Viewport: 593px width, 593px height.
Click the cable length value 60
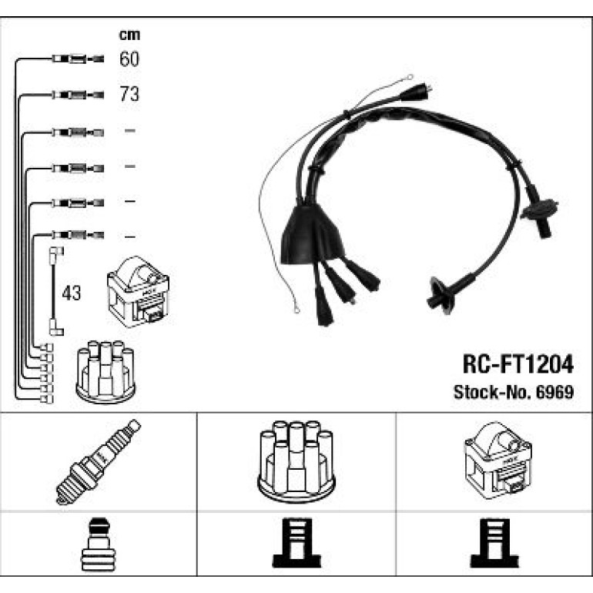(x=129, y=59)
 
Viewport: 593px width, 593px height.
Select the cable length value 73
(x=129, y=94)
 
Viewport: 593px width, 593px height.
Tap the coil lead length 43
(x=71, y=293)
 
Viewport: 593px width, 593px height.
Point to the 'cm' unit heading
(x=129, y=35)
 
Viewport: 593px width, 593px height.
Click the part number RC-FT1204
(x=518, y=364)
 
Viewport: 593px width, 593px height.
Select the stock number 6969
(x=555, y=392)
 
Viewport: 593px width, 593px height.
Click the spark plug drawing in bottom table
(x=99, y=461)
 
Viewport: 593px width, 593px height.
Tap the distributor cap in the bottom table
(x=296, y=462)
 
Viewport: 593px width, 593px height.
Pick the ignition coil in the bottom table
(x=498, y=461)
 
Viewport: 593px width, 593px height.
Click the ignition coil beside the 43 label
(x=138, y=292)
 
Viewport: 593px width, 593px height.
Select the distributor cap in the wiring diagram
(x=106, y=372)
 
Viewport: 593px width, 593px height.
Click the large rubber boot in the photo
(x=312, y=234)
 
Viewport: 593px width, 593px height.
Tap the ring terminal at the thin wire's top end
(x=409, y=78)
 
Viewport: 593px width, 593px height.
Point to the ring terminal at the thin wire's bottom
(x=296, y=310)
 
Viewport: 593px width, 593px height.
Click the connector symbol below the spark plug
(x=99, y=544)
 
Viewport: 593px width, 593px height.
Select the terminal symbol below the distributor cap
(x=296, y=543)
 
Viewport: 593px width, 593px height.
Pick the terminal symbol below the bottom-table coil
(x=494, y=543)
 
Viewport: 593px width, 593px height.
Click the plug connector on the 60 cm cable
(x=78, y=59)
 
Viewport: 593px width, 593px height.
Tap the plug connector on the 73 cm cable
(x=78, y=95)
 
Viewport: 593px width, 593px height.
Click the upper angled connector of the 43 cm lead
(x=56, y=252)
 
